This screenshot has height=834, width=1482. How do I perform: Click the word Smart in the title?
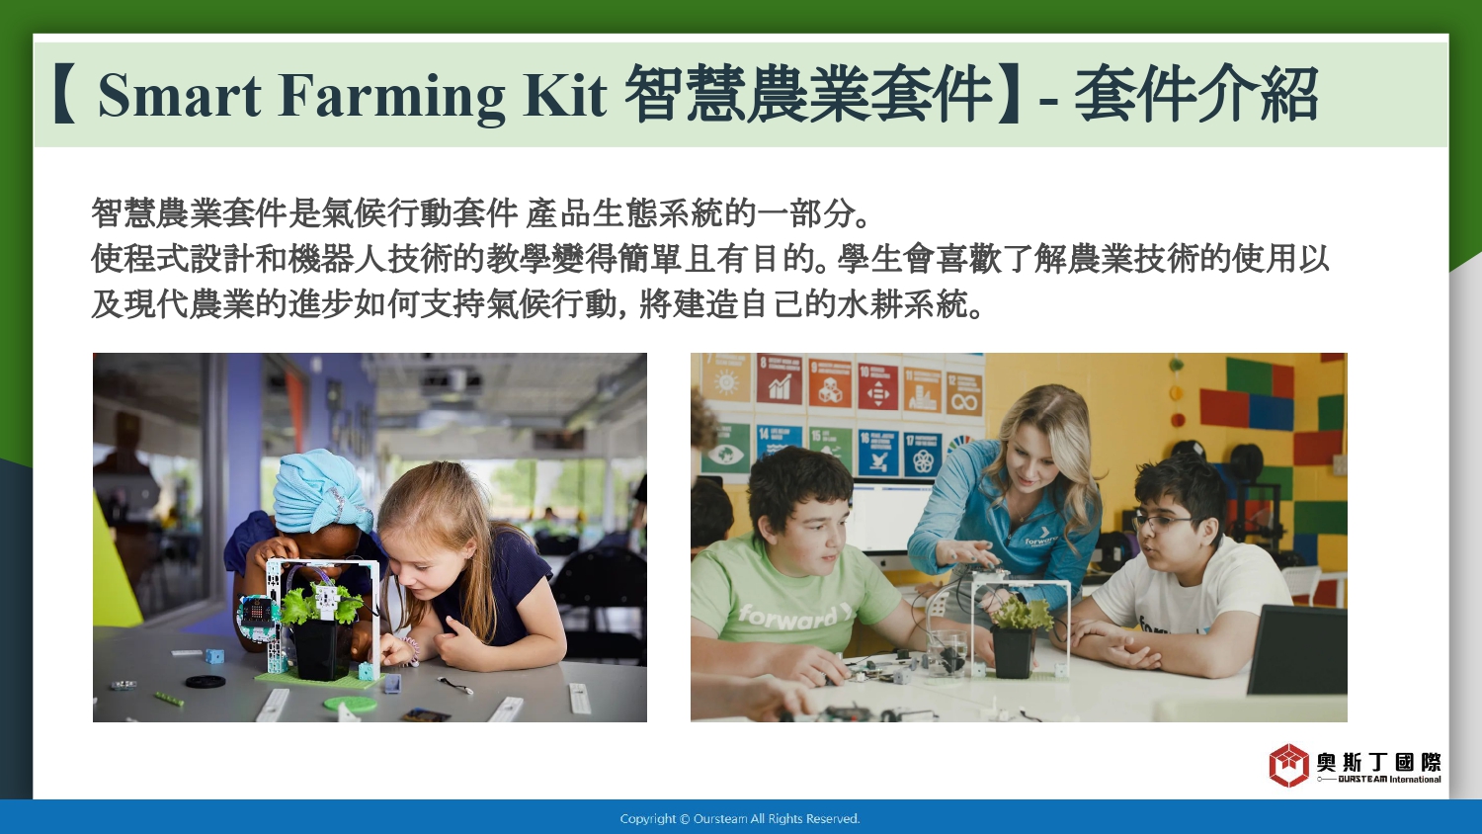point(180,95)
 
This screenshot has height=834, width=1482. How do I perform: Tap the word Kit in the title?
point(564,95)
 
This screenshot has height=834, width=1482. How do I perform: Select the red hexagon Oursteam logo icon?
point(1288,765)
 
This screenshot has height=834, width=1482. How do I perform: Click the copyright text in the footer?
point(740,819)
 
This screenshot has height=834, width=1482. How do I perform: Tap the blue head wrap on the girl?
point(322,490)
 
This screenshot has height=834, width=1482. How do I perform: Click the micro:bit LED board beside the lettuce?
point(258,614)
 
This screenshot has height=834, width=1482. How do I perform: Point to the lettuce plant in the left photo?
point(321,604)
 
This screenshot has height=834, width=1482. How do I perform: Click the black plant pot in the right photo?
point(1013,652)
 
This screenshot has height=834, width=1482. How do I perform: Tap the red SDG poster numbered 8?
point(780,378)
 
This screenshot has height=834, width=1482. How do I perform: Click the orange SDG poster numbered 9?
point(830,382)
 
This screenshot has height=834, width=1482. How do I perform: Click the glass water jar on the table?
point(947,652)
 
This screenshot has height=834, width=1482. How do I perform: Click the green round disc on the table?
point(350,703)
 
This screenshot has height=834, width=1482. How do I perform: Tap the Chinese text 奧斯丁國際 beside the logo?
point(1379,762)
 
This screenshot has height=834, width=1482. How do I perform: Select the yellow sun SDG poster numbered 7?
point(726,377)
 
